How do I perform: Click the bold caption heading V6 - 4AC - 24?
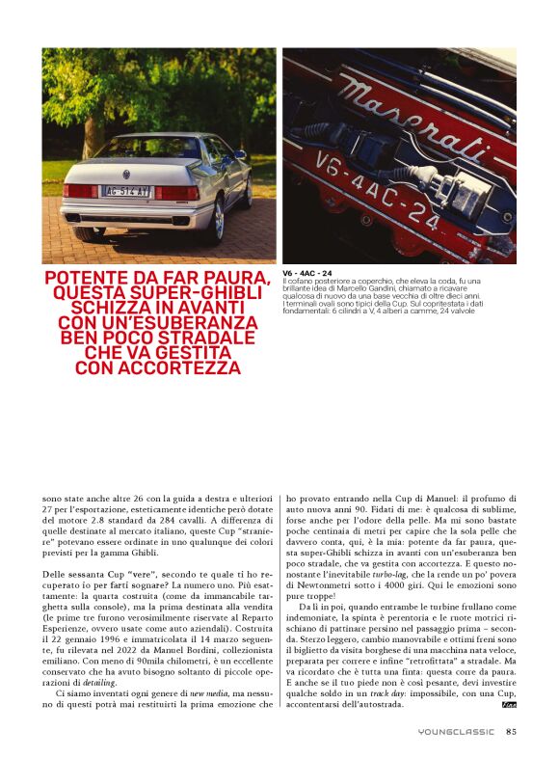tap(307, 273)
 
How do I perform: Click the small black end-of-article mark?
tap(509, 705)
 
